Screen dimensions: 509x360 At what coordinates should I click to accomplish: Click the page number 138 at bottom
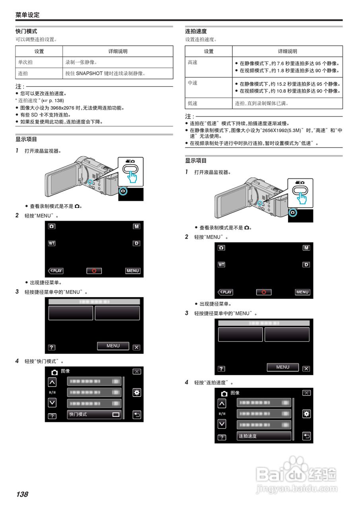coord(22,494)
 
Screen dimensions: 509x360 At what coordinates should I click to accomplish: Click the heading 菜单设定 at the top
coord(27,15)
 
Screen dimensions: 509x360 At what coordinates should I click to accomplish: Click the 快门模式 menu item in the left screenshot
coord(94,414)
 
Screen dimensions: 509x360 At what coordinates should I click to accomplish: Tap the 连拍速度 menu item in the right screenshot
coord(264,436)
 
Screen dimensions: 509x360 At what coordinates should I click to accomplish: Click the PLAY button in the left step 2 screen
coord(56,271)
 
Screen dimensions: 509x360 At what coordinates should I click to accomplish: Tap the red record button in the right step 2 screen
coord(264,292)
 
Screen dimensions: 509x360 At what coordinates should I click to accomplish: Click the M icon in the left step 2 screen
coord(136,226)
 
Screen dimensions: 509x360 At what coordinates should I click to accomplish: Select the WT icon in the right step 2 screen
coord(221,265)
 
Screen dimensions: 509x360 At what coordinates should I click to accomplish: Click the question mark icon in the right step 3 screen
coord(222,369)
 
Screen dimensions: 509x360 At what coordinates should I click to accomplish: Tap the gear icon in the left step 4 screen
coord(137,393)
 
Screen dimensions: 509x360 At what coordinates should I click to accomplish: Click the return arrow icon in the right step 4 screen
coord(307,436)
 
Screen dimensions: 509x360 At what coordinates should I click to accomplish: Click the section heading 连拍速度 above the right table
coord(196,31)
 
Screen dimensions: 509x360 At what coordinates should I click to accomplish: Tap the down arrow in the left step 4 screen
coord(52,402)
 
